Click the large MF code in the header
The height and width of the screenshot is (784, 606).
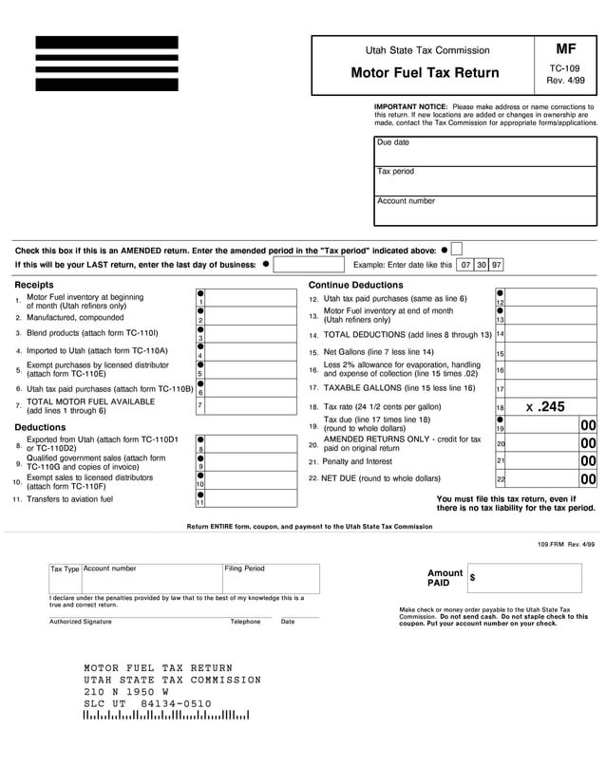click(x=565, y=48)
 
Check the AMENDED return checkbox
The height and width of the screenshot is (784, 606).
click(x=457, y=249)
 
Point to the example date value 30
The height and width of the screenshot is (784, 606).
click(x=482, y=266)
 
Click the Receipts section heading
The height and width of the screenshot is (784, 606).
click(x=34, y=285)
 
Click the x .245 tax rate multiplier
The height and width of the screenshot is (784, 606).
click(x=545, y=406)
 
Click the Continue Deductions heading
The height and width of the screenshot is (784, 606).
click(x=356, y=285)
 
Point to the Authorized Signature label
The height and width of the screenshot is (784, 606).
click(x=81, y=622)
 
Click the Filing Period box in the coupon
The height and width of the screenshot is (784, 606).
click(x=270, y=579)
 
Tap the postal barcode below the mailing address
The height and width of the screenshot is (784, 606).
click(x=165, y=715)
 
